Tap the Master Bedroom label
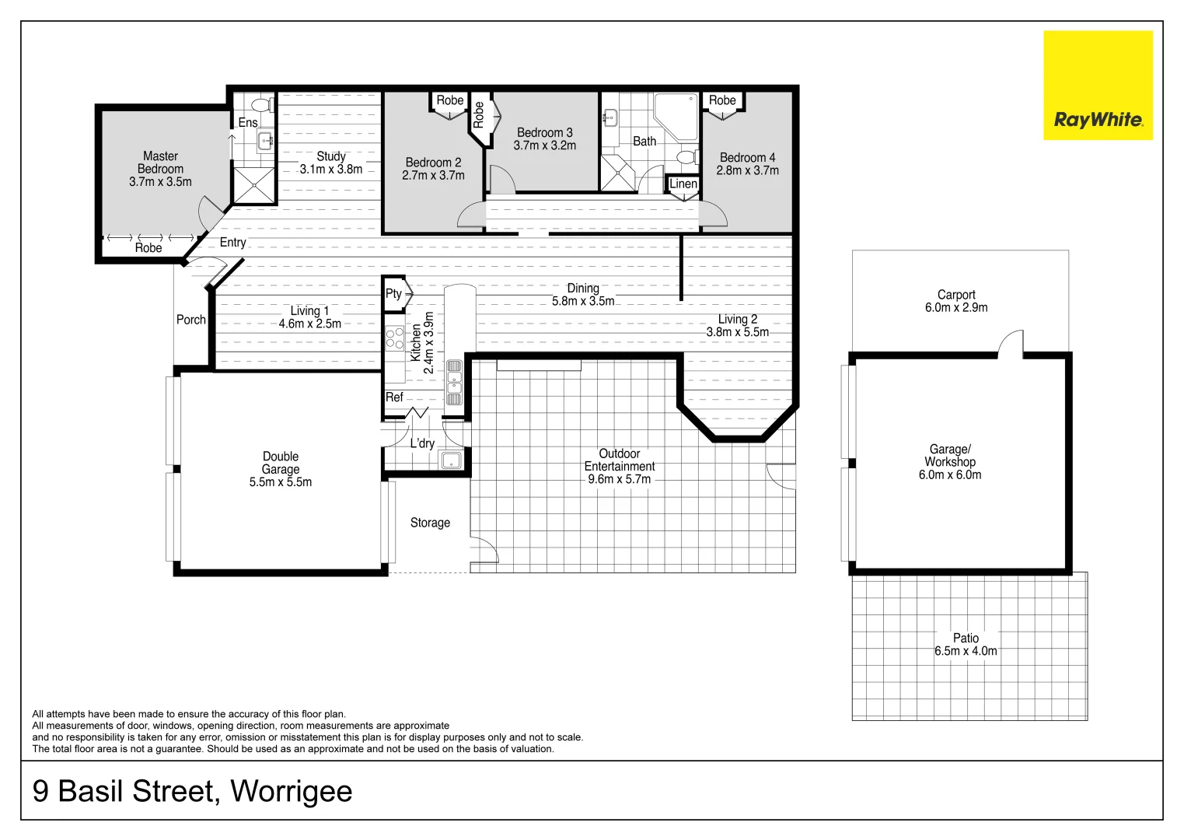tap(160, 163)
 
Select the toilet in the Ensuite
tap(261, 103)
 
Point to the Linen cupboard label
tap(683, 184)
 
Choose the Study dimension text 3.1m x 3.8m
tap(331, 170)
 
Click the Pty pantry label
tap(393, 293)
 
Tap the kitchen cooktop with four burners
tap(395, 338)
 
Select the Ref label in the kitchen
tap(395, 397)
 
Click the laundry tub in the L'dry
tap(452, 460)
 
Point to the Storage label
tap(430, 523)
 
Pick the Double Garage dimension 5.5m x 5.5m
tap(281, 482)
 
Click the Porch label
tap(191, 320)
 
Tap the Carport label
tap(955, 295)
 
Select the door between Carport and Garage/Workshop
tap(1011, 345)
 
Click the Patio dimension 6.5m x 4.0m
tap(966, 651)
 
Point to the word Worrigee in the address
tap(292, 792)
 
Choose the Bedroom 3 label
tap(544, 133)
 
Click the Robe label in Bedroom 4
tap(722, 100)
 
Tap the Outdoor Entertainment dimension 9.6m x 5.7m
tap(619, 479)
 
